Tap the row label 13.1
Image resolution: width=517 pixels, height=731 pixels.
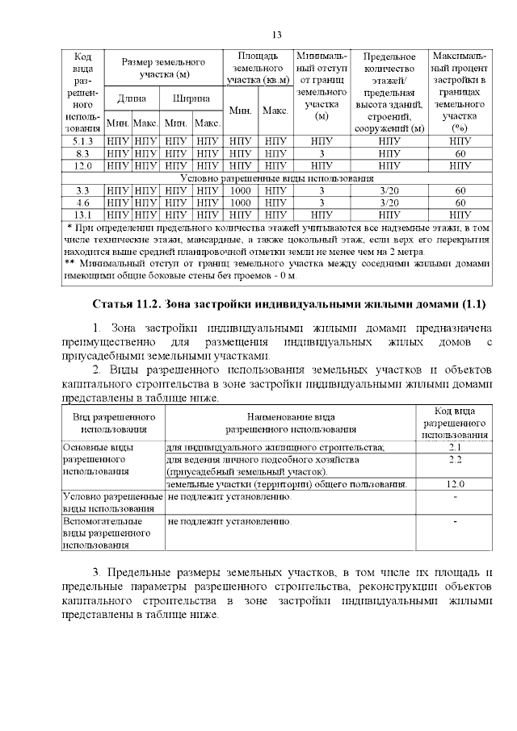82,215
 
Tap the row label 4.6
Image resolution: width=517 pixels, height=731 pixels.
82,203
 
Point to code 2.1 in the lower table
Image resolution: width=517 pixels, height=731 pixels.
455,446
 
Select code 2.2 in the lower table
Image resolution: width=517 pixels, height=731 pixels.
455,458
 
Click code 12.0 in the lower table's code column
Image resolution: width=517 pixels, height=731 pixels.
455,483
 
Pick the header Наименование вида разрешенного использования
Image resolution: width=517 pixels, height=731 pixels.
290,424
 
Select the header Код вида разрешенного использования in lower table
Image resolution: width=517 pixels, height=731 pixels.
455,424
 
